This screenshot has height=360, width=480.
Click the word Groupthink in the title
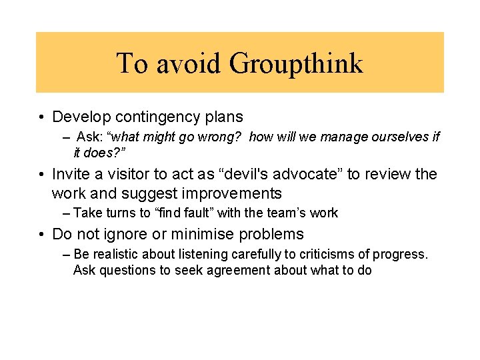(297, 63)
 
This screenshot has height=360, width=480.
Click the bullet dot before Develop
(41, 118)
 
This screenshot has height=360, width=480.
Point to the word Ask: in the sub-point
(89, 137)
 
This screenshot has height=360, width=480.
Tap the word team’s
(291, 213)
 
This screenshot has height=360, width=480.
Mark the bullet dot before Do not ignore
(41, 235)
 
